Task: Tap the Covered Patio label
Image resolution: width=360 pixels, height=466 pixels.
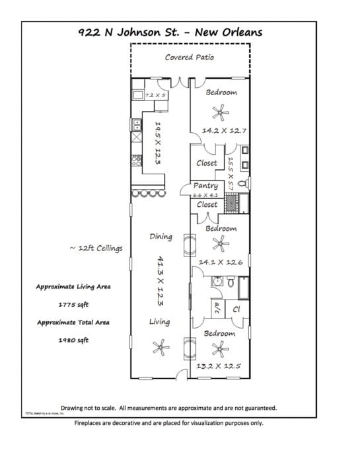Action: [x=189, y=58]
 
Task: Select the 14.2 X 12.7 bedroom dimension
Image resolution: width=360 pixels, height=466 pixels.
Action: [x=224, y=131]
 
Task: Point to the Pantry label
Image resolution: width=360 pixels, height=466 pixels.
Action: [x=205, y=186]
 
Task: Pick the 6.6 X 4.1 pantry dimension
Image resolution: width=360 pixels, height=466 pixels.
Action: [x=205, y=196]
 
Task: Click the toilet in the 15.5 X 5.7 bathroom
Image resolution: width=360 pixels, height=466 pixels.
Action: [x=242, y=183]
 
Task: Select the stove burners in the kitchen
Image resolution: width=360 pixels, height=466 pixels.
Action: [x=138, y=160]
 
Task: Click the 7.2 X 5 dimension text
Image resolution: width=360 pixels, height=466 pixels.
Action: [x=156, y=96]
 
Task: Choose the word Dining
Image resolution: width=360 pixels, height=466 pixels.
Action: [x=161, y=237]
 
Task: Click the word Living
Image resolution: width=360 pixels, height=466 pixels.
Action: [x=159, y=322]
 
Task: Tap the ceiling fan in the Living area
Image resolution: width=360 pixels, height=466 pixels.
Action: [x=159, y=346]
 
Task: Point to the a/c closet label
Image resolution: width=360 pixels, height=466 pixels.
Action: [x=216, y=309]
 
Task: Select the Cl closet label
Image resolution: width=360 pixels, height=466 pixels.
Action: [x=237, y=309]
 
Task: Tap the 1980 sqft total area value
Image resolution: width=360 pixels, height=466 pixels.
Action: [x=73, y=340]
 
